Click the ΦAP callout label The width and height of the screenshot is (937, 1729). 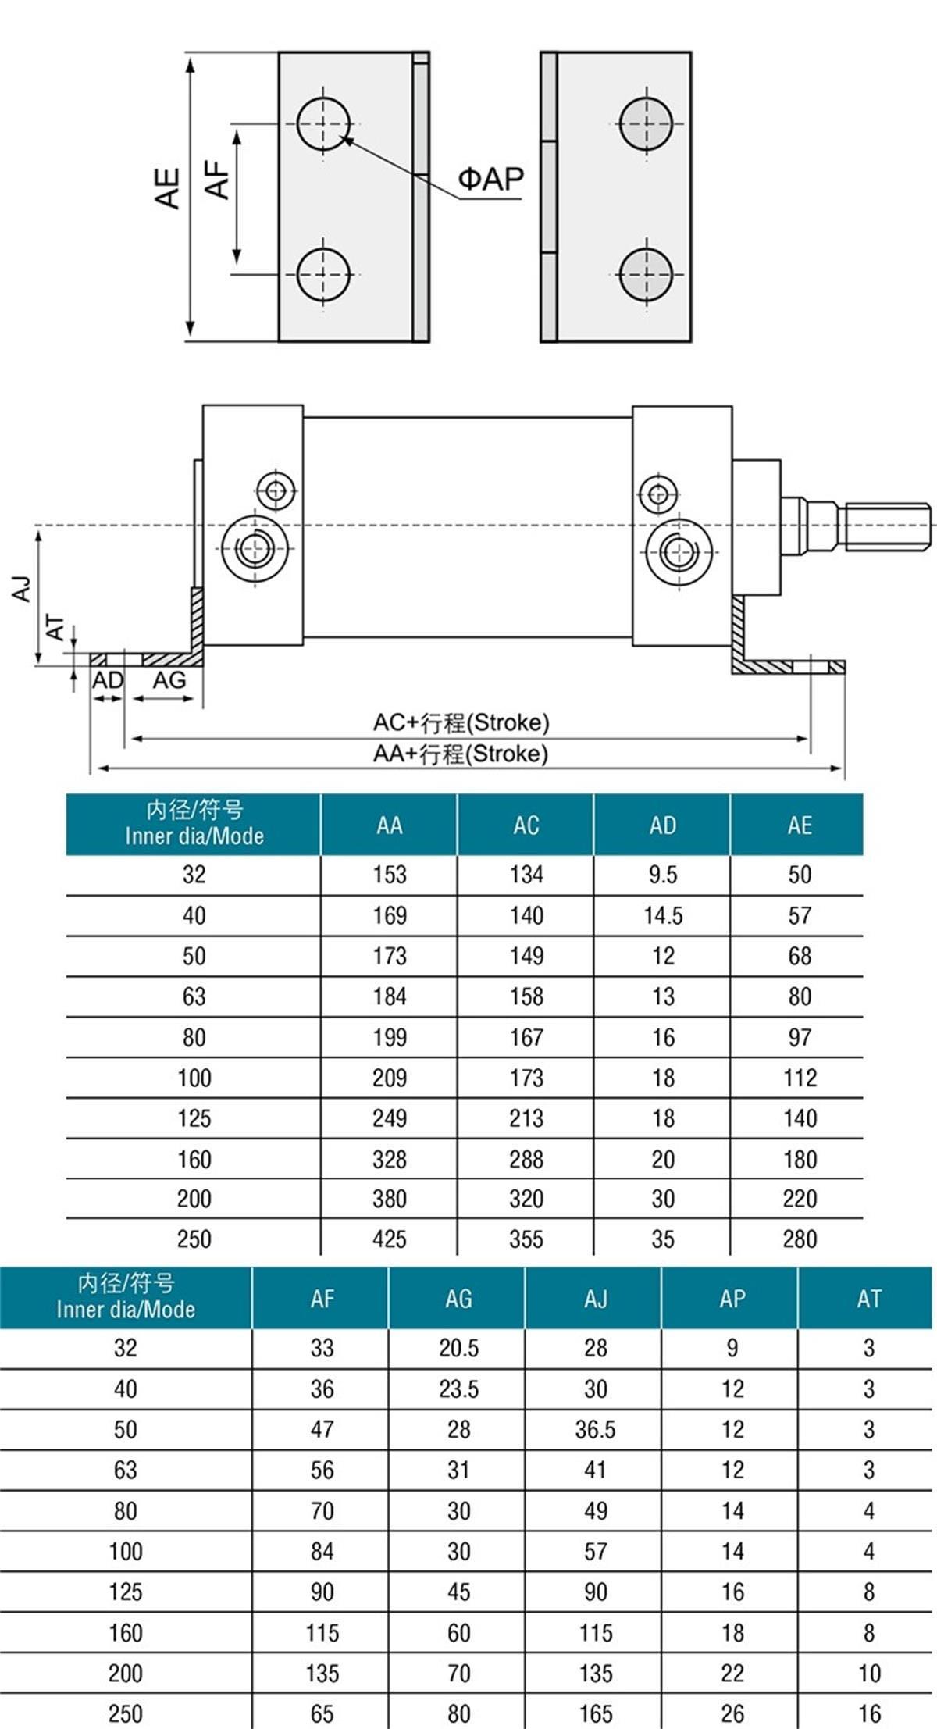(490, 180)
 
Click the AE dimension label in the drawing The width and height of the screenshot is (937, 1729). (168, 188)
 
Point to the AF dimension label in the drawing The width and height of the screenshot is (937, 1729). (217, 180)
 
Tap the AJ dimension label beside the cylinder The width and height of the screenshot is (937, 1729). (22, 588)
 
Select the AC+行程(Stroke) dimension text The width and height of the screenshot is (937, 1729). (461, 722)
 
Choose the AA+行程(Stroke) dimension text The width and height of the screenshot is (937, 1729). (461, 754)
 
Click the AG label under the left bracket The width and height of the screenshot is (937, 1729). (169, 681)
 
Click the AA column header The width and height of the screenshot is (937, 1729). (389, 825)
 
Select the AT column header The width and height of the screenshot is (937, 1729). (868, 1299)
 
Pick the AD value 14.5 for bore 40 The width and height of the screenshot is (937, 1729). (662, 915)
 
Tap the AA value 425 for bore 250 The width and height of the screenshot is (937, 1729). (389, 1239)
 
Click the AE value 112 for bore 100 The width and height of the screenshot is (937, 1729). (800, 1078)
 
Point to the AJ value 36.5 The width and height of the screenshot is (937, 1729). (595, 1430)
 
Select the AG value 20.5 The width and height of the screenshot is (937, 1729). (458, 1349)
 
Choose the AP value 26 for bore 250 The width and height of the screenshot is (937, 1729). (732, 1714)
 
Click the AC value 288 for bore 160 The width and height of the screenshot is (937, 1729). (526, 1159)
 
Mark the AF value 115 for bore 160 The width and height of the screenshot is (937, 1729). (322, 1633)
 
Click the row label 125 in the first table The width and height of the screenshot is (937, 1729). (194, 1118)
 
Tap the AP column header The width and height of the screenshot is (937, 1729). (732, 1299)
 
